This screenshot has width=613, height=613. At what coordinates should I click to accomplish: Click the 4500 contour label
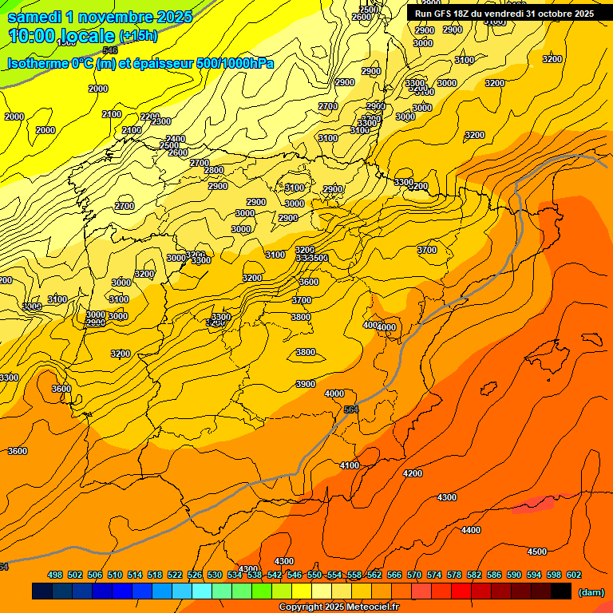click(537, 552)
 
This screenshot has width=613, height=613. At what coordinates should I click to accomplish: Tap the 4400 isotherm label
click(471, 530)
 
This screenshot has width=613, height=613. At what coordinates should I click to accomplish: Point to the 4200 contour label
click(413, 473)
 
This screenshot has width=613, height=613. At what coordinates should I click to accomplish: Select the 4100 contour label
click(350, 465)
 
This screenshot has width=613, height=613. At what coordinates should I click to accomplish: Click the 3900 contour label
click(306, 384)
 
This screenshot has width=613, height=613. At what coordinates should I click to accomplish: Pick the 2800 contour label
click(214, 170)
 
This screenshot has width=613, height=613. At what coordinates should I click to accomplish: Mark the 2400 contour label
click(176, 139)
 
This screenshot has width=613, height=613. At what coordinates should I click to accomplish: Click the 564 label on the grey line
click(351, 409)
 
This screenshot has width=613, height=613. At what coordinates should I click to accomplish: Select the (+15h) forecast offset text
click(138, 36)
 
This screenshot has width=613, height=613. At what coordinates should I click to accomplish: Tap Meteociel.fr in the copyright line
click(368, 607)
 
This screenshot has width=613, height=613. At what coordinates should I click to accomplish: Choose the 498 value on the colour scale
click(55, 575)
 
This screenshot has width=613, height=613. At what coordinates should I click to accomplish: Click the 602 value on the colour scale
click(574, 575)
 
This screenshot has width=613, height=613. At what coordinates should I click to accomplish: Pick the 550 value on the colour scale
click(314, 575)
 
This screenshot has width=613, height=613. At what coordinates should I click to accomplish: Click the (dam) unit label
click(591, 591)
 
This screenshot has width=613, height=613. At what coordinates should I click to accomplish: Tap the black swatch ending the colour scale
click(560, 591)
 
